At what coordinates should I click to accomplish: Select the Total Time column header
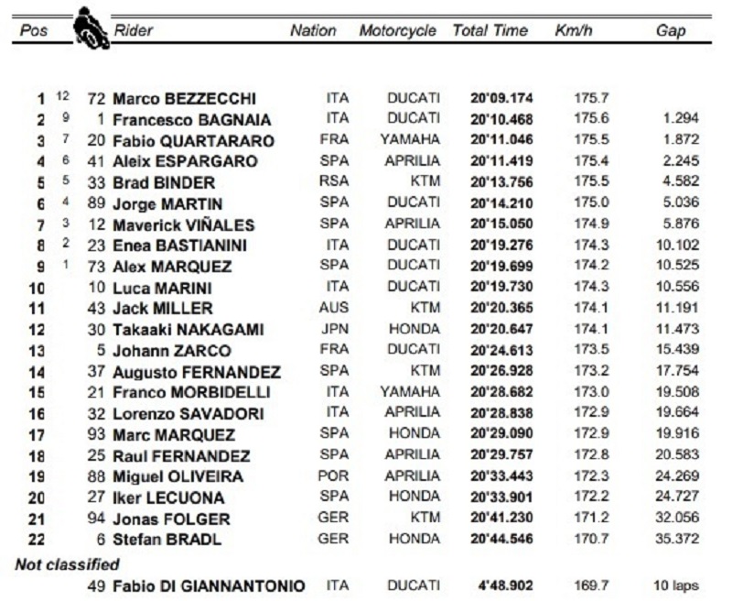(490, 30)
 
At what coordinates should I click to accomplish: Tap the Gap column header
(671, 30)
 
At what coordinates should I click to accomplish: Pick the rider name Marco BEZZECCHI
(184, 98)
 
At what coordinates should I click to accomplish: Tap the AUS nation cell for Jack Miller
(335, 308)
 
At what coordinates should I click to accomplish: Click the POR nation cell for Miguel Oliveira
(335, 475)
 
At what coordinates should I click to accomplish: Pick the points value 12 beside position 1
(63, 95)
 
